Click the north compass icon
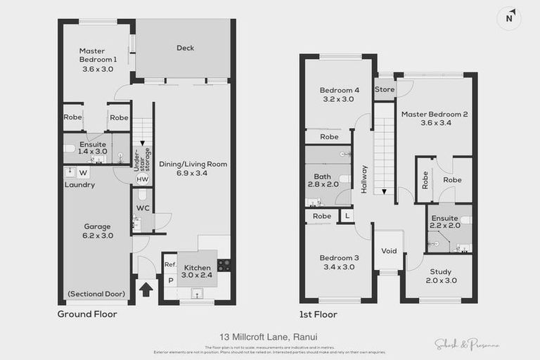(509, 18)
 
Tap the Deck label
(185, 48)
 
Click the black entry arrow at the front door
(146, 288)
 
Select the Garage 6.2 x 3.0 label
(97, 231)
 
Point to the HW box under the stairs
(142, 179)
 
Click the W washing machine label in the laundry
(83, 172)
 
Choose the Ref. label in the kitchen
(169, 264)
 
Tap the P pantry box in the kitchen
(169, 280)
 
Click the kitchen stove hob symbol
(224, 266)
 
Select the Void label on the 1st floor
(388, 251)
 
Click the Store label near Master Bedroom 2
(384, 89)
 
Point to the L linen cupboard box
(347, 216)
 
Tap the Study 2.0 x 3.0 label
(440, 276)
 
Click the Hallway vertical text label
(364, 179)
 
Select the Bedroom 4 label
(339, 94)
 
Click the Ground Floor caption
(87, 314)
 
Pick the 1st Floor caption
(318, 314)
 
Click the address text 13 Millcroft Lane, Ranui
(270, 338)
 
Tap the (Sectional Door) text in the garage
(96, 293)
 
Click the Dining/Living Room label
(193, 168)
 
